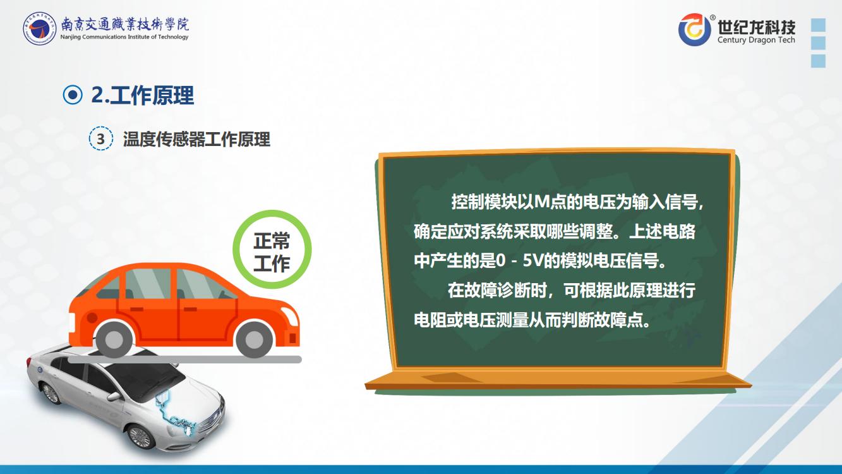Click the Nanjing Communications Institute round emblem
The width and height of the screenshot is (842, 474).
pos(39,28)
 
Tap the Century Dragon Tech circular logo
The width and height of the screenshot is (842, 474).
pos(695,30)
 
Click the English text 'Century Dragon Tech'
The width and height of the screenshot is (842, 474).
pos(756,40)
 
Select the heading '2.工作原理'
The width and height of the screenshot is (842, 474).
pos(143,95)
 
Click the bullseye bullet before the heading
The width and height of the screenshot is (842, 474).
pos(73,95)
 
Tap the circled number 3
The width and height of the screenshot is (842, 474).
pos(100,139)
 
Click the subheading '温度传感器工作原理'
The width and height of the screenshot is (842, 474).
pos(196,139)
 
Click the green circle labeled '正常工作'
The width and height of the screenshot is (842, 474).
pos(272,250)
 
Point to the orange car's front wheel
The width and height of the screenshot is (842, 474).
pos(254,340)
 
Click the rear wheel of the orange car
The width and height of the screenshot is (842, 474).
pos(114,340)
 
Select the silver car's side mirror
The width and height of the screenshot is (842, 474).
pos(113,396)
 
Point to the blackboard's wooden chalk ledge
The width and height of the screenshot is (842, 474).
pos(558,380)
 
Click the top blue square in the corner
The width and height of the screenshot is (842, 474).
pos(818,25)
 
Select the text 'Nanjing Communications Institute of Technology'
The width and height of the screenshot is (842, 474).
pos(124,37)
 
